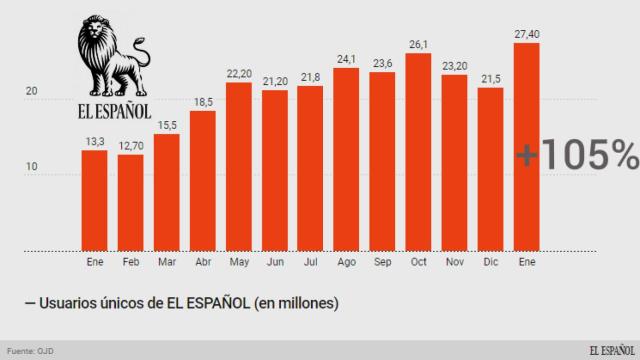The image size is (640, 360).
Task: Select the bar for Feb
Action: tap(130, 200)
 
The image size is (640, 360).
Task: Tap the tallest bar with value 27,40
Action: tap(527, 145)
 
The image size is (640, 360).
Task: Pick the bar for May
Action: tap(239, 165)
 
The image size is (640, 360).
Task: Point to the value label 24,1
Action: tap(346, 60)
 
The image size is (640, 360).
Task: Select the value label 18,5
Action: tap(203, 102)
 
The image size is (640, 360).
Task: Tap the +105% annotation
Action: tap(577, 155)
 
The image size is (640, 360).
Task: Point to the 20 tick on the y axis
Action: tap(32, 92)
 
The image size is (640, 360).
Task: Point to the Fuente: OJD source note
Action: tap(31, 349)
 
